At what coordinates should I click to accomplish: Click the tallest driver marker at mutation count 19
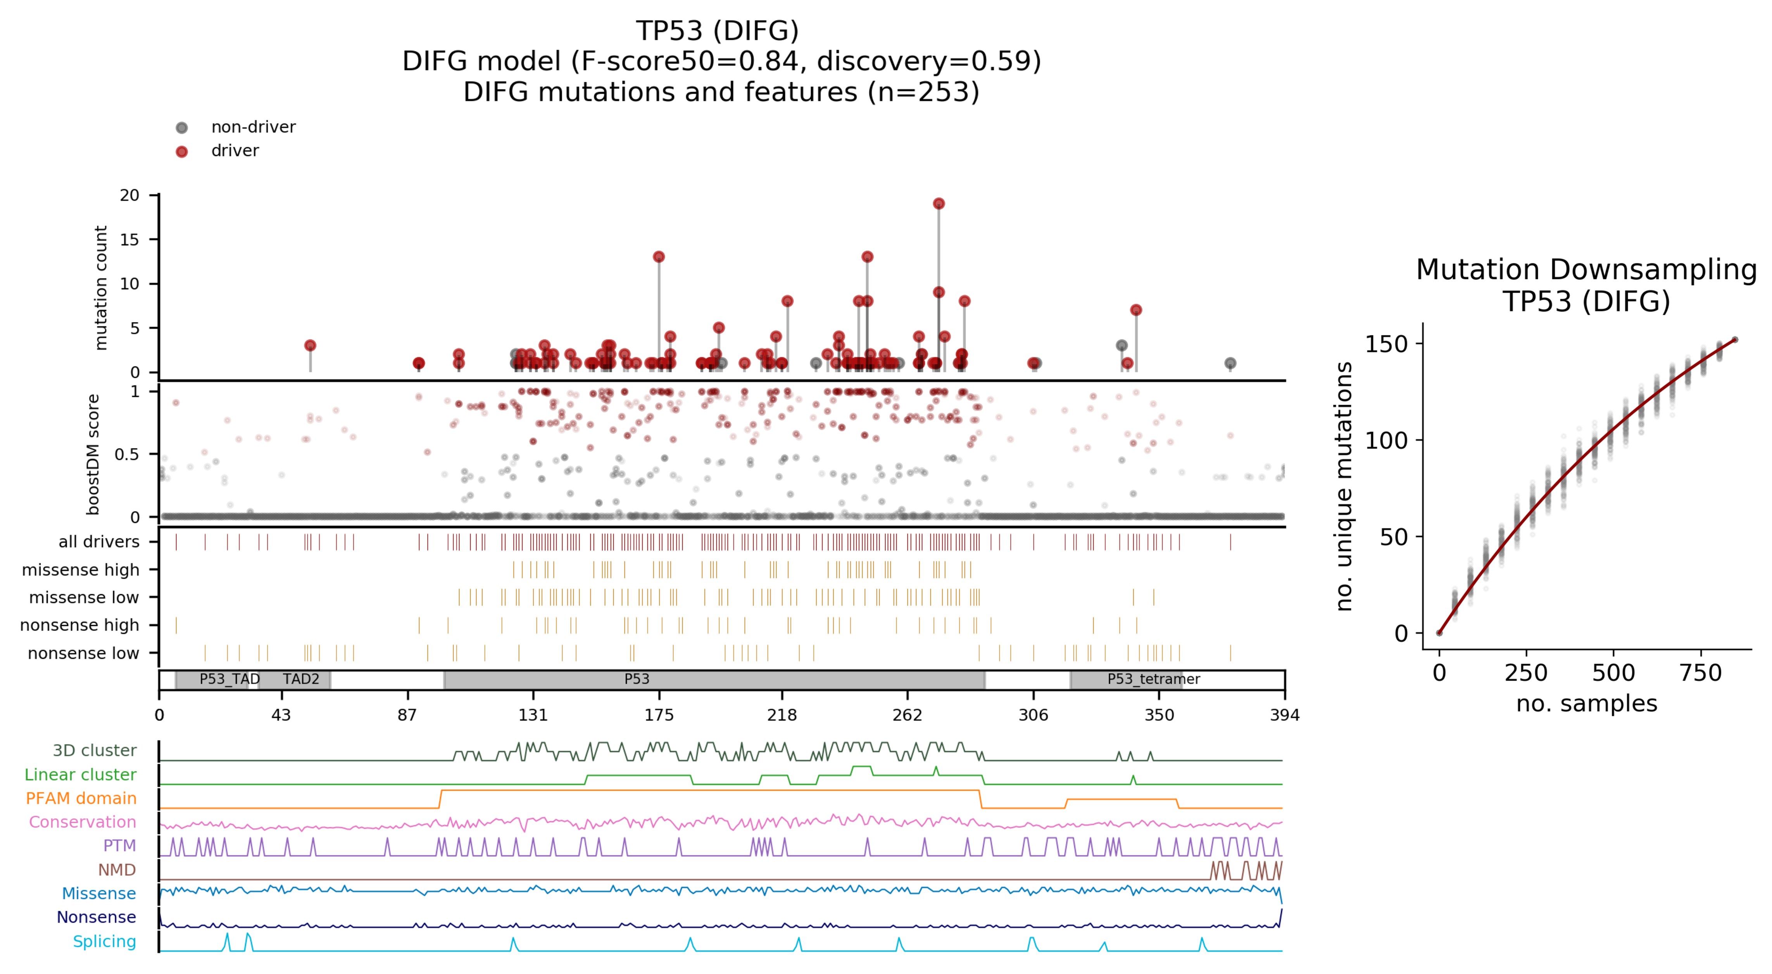938,203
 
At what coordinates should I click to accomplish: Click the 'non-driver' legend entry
252,127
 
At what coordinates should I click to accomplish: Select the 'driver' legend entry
235,151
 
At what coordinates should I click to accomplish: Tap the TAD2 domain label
300,679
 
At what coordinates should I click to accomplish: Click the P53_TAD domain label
229,679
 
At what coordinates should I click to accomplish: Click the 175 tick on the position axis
658,715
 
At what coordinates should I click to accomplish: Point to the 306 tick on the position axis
1032,715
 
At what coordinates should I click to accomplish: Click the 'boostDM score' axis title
93,454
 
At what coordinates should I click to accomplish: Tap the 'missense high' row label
81,569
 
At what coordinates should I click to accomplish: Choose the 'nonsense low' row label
83,653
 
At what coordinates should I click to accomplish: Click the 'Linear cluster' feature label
81,774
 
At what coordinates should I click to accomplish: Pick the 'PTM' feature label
120,845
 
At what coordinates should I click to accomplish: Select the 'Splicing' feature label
105,941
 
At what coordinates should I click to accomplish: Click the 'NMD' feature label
117,869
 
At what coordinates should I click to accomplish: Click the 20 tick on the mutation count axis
130,195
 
